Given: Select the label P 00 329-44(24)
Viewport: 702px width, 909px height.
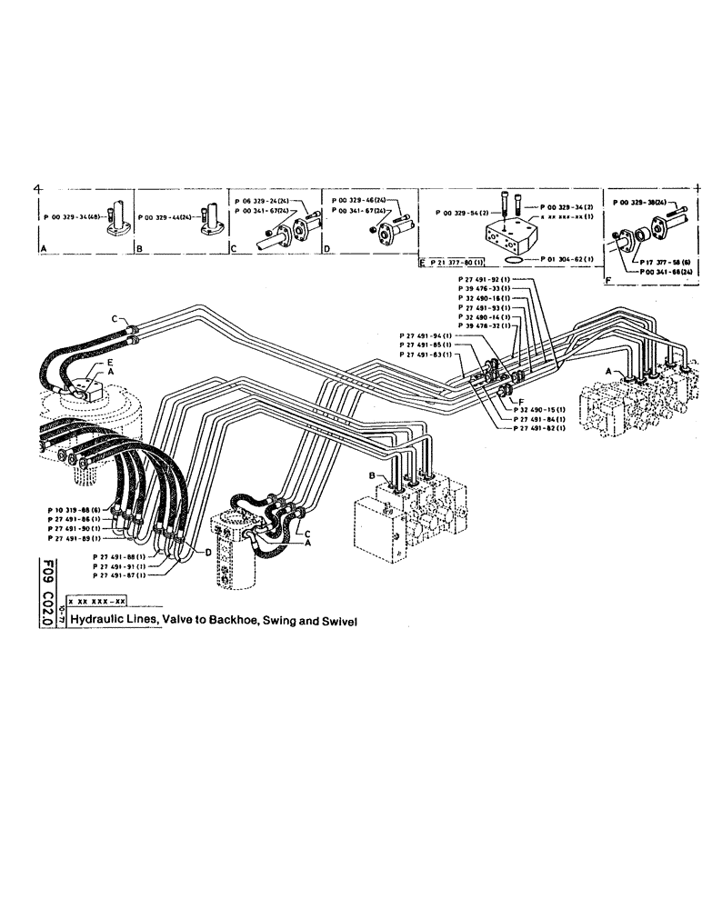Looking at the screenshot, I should pos(165,218).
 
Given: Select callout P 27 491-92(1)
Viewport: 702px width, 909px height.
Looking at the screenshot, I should pos(486,277).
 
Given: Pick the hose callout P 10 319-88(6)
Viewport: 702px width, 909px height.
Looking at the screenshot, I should pos(76,510).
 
